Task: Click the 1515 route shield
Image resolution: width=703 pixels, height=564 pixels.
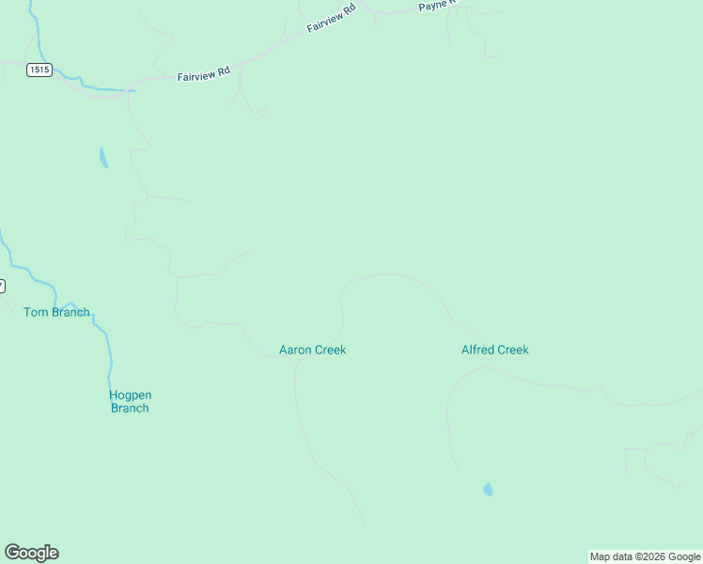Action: click(39, 70)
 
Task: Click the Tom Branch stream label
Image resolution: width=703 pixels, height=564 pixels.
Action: click(56, 312)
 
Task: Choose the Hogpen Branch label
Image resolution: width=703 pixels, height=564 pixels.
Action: click(130, 401)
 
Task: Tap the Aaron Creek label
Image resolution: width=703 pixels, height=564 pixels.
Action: click(313, 350)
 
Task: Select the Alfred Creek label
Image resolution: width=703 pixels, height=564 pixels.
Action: click(495, 350)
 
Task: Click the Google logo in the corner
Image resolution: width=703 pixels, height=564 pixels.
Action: click(31, 553)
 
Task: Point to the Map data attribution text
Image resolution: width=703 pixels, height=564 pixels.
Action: click(645, 556)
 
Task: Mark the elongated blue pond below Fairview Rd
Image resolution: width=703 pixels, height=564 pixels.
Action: click(102, 158)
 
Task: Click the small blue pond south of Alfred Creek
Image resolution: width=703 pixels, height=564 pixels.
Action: click(487, 490)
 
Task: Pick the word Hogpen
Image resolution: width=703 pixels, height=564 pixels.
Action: click(130, 395)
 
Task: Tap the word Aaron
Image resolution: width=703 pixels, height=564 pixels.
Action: click(295, 350)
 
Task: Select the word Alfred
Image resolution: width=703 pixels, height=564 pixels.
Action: click(477, 350)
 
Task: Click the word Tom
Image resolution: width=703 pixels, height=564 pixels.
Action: click(34, 312)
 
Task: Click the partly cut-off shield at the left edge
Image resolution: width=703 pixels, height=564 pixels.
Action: click(2, 285)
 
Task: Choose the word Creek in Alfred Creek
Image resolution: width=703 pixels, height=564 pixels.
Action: click(513, 350)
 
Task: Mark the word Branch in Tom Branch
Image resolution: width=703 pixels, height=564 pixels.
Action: click(70, 312)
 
